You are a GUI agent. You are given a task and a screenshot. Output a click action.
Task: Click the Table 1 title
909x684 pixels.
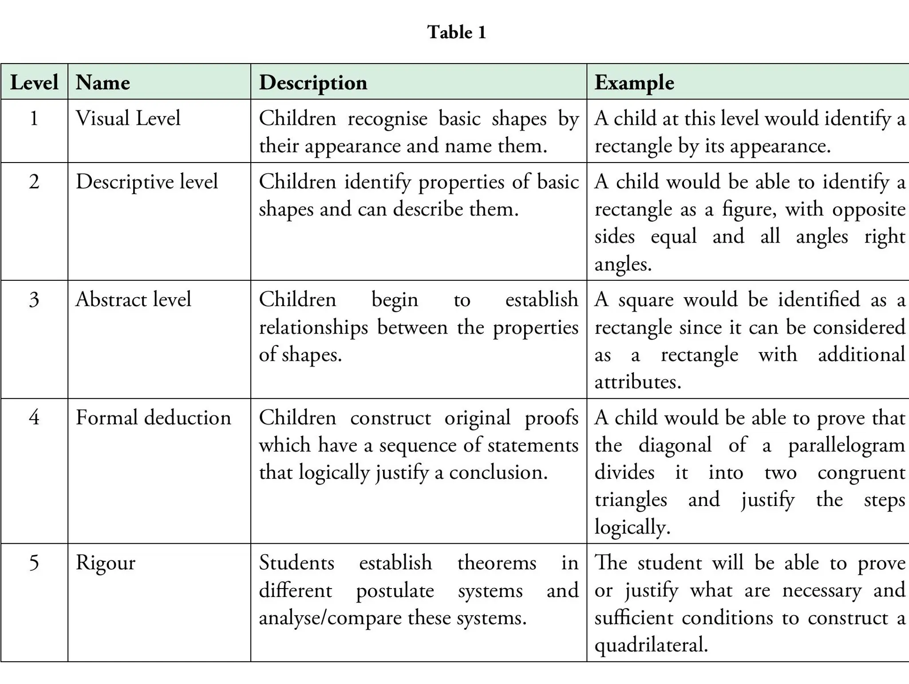pos(457,32)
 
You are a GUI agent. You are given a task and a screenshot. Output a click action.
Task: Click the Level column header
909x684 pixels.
pos(34,83)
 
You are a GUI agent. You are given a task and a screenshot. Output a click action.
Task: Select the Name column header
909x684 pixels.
pos(103,83)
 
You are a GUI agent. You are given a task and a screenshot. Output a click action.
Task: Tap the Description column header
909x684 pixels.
pos(313,83)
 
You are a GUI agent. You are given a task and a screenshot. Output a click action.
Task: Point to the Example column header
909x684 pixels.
pos(634,83)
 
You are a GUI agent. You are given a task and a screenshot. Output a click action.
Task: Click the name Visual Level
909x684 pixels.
pos(128,119)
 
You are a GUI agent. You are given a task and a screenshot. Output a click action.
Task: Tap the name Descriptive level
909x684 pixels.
pos(146,182)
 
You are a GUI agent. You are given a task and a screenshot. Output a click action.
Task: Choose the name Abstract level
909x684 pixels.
pos(133,300)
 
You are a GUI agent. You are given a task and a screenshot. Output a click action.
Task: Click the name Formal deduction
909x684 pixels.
pos(153,418)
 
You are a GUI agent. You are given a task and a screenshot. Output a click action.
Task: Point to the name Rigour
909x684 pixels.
pos(105,563)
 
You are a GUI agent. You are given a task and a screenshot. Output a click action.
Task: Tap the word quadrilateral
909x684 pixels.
pos(651,645)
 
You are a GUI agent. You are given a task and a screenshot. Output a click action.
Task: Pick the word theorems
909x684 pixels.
pos(497,563)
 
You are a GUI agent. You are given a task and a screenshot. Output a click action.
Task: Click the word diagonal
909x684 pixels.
pos(675,445)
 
